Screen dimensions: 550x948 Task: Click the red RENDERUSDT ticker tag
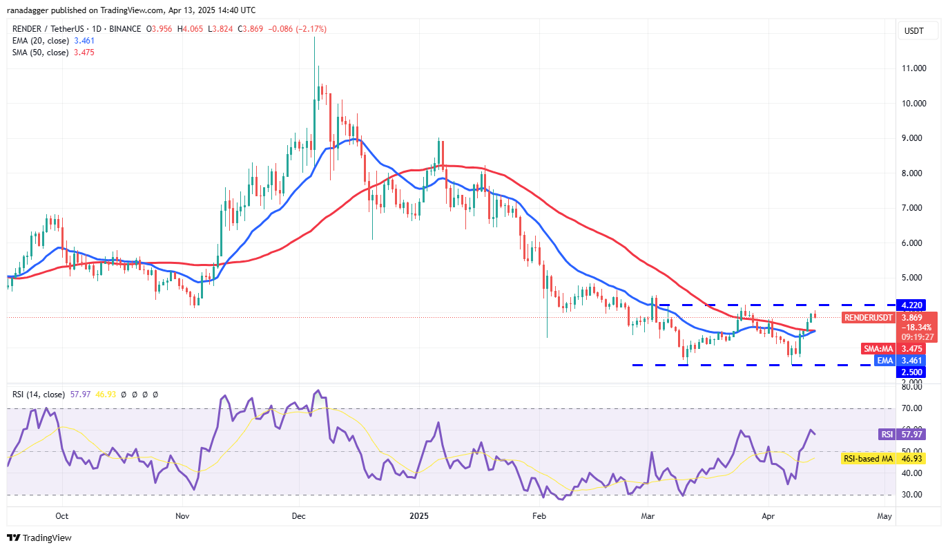click(x=868, y=318)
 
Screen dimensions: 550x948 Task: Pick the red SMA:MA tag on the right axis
click(x=877, y=349)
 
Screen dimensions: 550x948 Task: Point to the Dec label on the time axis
click(x=300, y=515)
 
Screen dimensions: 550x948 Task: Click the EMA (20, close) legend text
click(x=40, y=41)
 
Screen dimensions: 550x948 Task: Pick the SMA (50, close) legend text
click(x=40, y=53)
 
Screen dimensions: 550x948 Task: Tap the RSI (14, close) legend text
click(x=38, y=395)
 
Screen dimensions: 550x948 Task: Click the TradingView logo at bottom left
click(x=39, y=538)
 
